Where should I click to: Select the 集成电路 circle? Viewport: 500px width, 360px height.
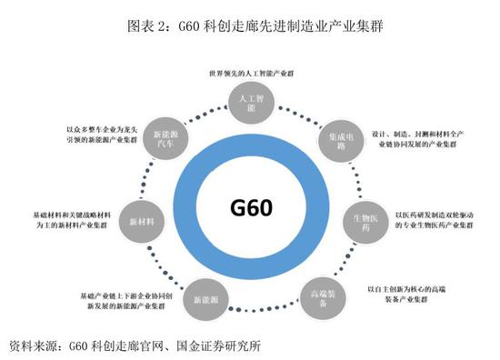click(x=331, y=139)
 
